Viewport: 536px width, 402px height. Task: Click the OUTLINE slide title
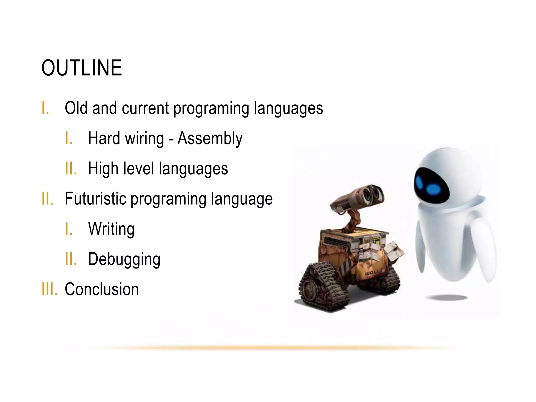(x=82, y=68)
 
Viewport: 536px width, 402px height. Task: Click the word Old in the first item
(x=76, y=108)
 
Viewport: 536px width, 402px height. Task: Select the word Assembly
(x=210, y=138)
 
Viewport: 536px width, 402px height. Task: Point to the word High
(x=103, y=169)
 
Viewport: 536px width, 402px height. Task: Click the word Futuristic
(x=95, y=199)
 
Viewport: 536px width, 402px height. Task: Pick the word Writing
(x=111, y=229)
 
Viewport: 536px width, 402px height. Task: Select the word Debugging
(x=124, y=259)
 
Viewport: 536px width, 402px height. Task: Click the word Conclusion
(x=102, y=289)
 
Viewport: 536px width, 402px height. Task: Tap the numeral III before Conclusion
(x=49, y=289)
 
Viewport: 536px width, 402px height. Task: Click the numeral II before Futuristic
(x=47, y=199)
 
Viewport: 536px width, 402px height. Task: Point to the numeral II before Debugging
(x=71, y=259)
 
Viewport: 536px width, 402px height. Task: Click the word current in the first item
(x=145, y=108)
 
